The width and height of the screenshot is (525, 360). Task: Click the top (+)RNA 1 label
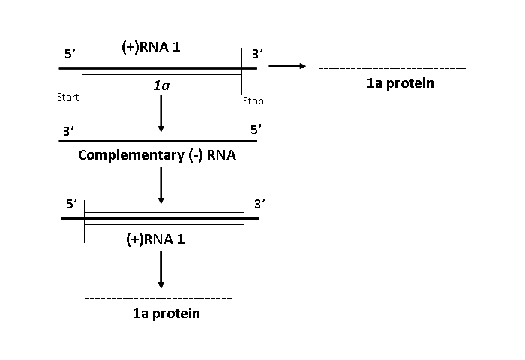(x=152, y=48)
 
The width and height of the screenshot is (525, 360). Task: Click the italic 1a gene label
(x=161, y=85)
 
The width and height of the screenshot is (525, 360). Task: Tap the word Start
(x=68, y=97)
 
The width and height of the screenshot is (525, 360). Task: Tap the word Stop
(x=253, y=100)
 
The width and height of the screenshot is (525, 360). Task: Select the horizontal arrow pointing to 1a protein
(x=287, y=67)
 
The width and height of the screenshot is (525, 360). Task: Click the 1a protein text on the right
(x=400, y=83)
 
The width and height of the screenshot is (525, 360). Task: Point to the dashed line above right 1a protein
(x=392, y=68)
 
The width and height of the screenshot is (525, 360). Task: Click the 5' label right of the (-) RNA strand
(x=256, y=130)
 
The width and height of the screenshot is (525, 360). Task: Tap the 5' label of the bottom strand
(x=71, y=203)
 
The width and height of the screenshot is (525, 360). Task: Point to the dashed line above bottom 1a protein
(x=158, y=298)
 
